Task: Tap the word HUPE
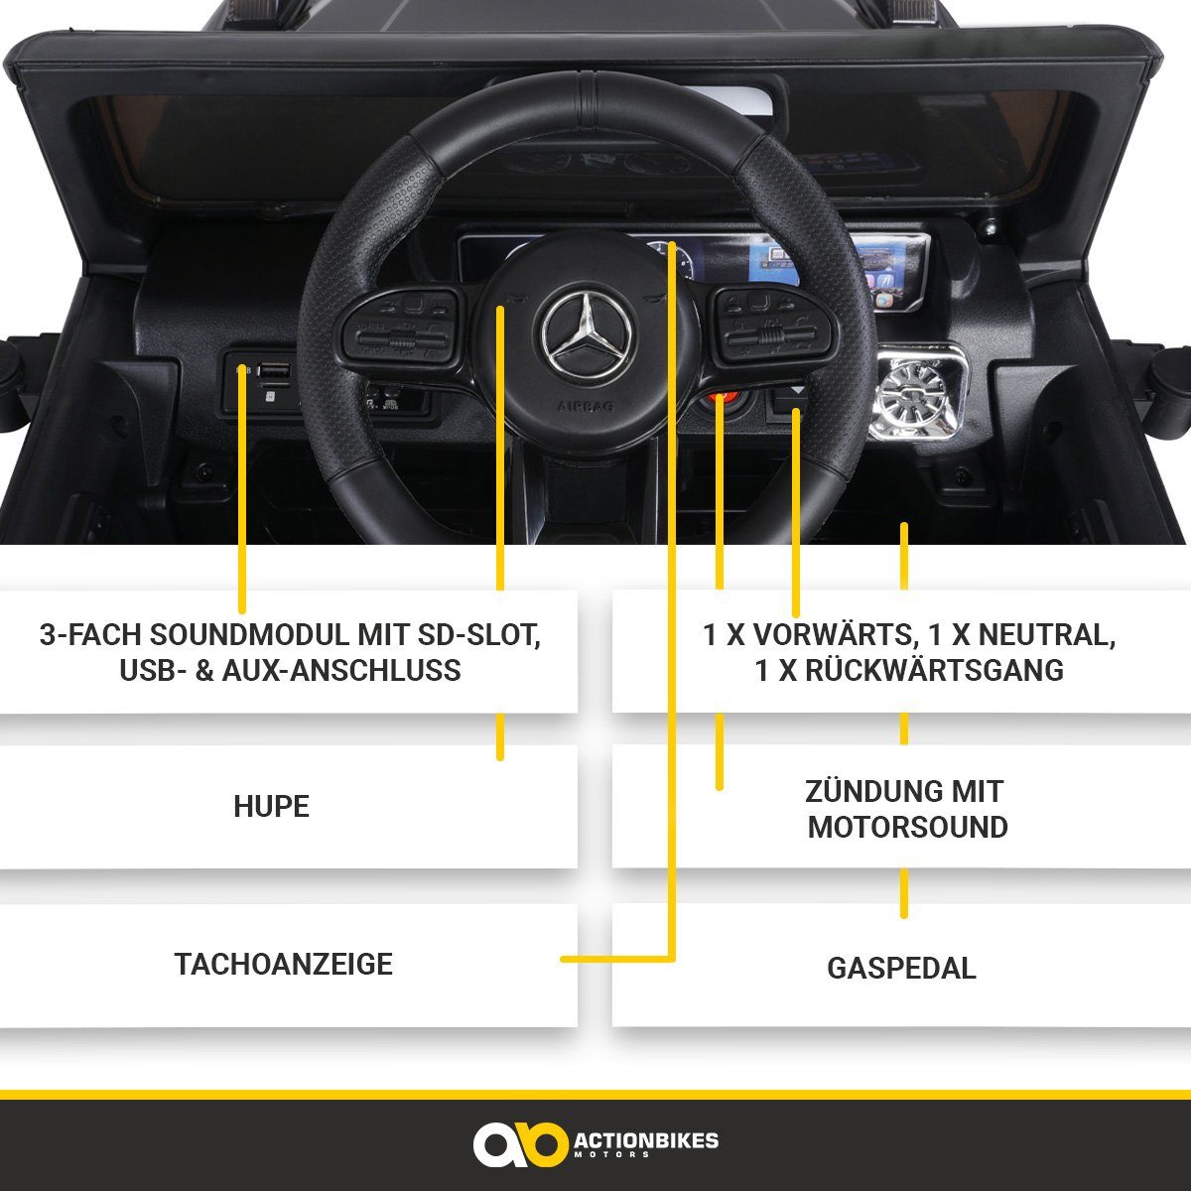271,806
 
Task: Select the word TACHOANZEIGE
284,964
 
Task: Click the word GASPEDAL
901,968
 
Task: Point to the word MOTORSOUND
907,827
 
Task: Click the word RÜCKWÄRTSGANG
933,671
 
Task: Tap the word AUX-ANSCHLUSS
351,671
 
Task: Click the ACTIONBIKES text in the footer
646,1140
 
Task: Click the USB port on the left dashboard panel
275,372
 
